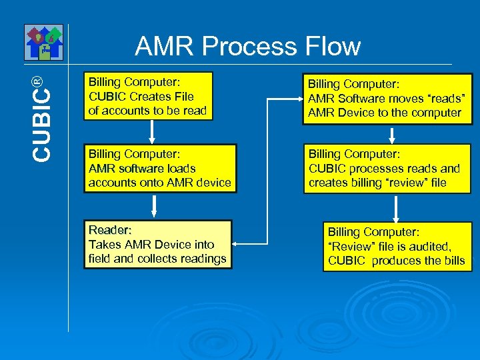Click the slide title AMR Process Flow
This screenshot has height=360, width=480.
tap(247, 46)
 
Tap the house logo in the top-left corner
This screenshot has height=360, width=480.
tap(44, 41)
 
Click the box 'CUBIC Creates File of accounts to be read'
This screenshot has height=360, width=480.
tap(148, 96)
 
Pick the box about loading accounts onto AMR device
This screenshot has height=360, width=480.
tap(160, 169)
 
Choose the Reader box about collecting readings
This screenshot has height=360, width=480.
tap(157, 244)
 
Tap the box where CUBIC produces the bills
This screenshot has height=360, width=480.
tap(396, 247)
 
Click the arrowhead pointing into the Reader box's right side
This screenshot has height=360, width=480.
tap(238, 244)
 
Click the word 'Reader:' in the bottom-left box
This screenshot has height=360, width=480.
tap(110, 230)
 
